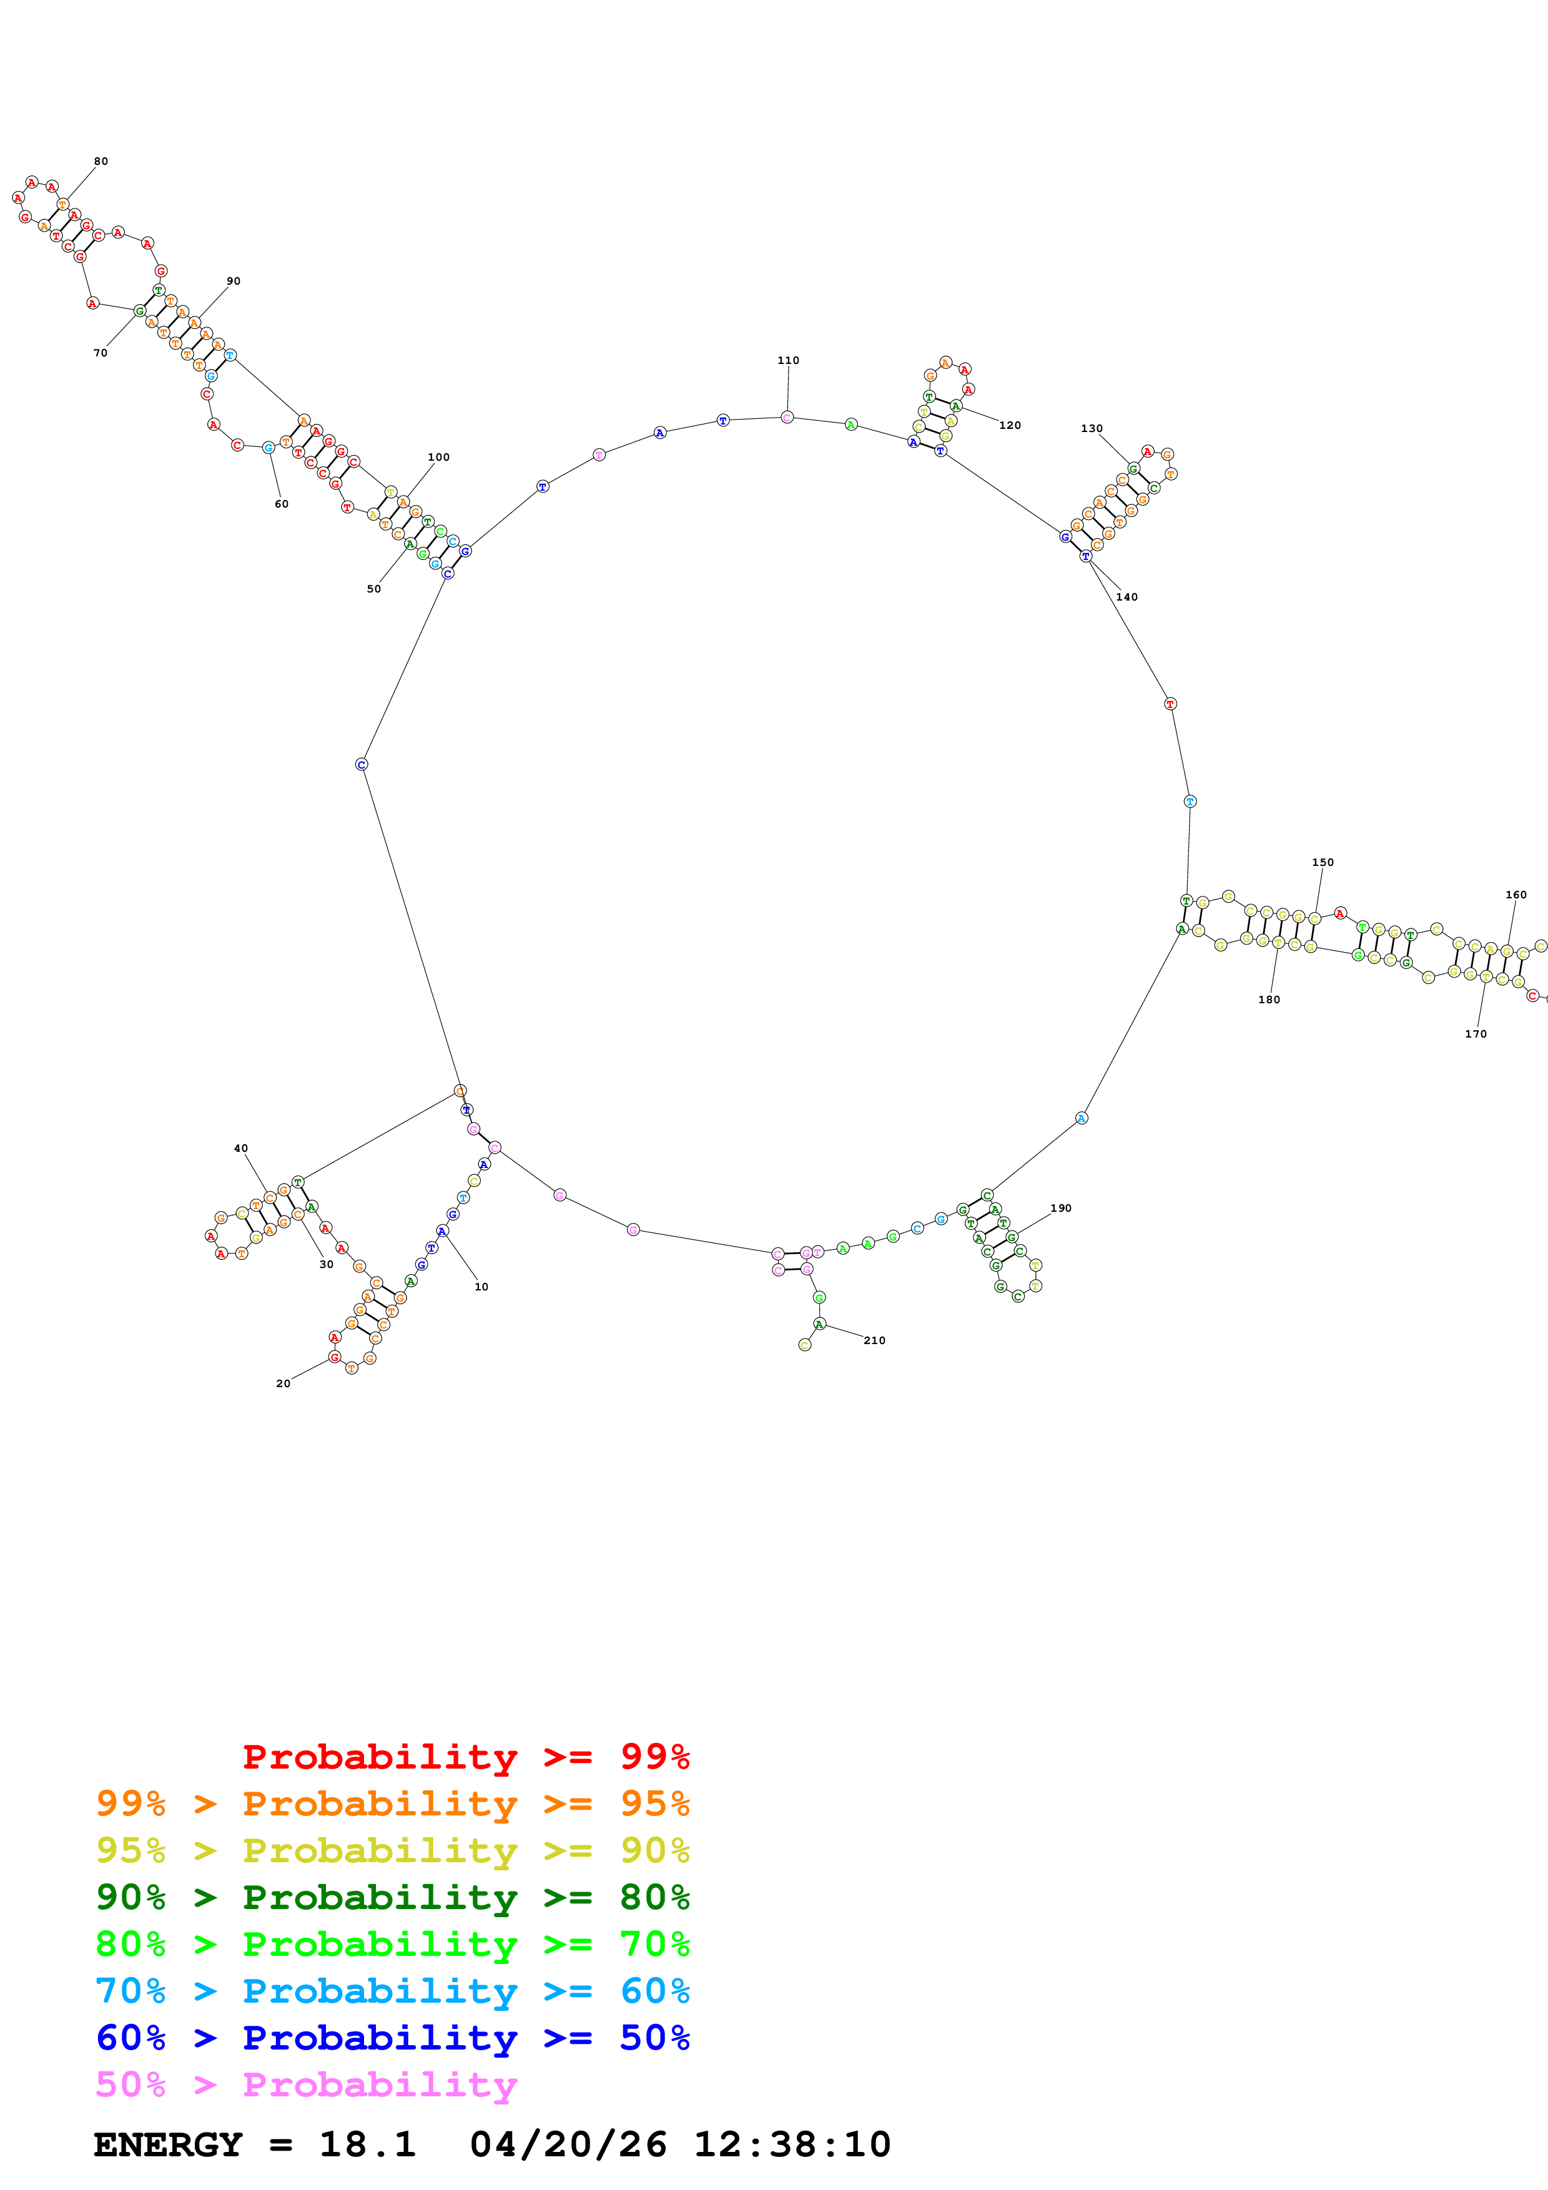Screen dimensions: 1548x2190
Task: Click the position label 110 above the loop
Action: click(788, 361)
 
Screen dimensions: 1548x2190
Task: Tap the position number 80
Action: click(101, 161)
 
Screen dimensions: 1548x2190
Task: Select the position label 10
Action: click(481, 1287)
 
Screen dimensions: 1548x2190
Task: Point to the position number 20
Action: click(283, 1383)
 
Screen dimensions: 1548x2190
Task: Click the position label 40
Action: click(241, 1149)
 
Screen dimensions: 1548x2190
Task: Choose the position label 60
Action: click(282, 504)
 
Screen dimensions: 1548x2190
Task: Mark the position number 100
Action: click(439, 457)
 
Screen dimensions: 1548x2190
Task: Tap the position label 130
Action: click(1092, 428)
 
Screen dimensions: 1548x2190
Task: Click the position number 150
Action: click(1323, 862)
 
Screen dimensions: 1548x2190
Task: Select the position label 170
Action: click(1476, 1034)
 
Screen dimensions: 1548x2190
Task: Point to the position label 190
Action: click(1060, 1209)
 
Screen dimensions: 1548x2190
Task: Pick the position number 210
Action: click(875, 1340)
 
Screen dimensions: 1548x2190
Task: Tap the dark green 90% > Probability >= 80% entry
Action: click(393, 1897)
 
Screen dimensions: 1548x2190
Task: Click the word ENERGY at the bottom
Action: click(168, 2145)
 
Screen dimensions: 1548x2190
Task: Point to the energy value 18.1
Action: click(367, 2145)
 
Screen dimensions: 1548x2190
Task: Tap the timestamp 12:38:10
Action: click(792, 2145)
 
